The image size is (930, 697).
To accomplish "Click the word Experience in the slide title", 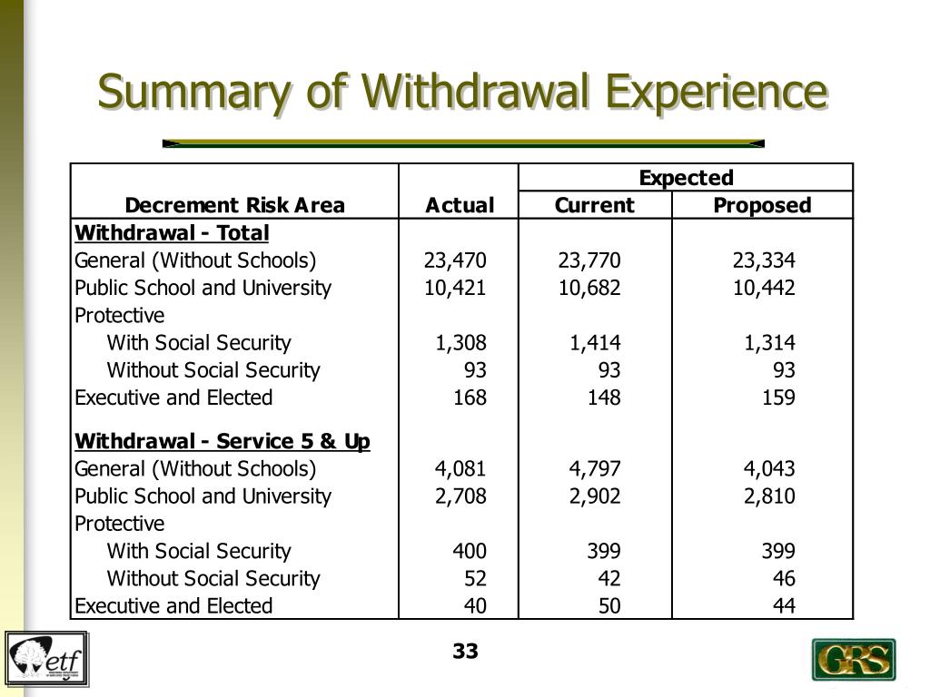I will click(x=717, y=92).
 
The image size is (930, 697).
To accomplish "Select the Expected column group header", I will click(x=686, y=177).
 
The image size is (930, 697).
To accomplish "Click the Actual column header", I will click(x=460, y=205).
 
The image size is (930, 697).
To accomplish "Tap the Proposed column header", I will click(x=762, y=205).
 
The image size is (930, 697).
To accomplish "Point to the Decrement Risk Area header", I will click(x=235, y=205).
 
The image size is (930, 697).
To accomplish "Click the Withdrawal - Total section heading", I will click(x=172, y=233).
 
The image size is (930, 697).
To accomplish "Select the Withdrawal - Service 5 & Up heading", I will click(x=223, y=442).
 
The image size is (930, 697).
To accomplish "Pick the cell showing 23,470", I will click(x=455, y=261).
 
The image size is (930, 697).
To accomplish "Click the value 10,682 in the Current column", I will click(x=589, y=289).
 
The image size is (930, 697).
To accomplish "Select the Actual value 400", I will click(x=470, y=551).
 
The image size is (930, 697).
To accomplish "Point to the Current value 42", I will click(x=608, y=578).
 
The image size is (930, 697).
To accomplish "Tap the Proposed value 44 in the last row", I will click(x=784, y=605).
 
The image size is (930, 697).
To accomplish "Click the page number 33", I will click(x=465, y=651).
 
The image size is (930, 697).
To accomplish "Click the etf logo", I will click(x=47, y=659).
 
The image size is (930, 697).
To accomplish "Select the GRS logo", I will click(x=853, y=660).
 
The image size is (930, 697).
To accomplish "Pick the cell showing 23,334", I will click(x=764, y=261).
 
